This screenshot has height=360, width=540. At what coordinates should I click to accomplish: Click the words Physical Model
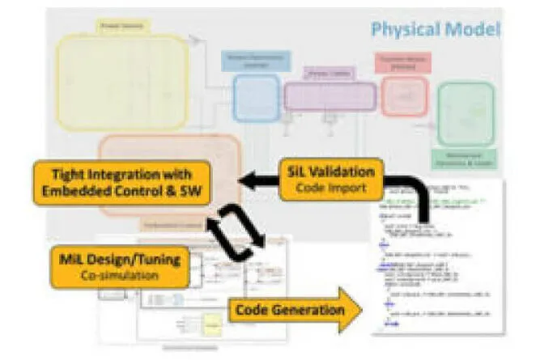[x=435, y=31]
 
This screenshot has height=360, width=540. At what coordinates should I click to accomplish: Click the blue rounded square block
[x=256, y=98]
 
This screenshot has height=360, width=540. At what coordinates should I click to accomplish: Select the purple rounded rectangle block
[x=330, y=96]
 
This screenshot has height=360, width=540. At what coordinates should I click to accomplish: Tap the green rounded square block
[x=465, y=113]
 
